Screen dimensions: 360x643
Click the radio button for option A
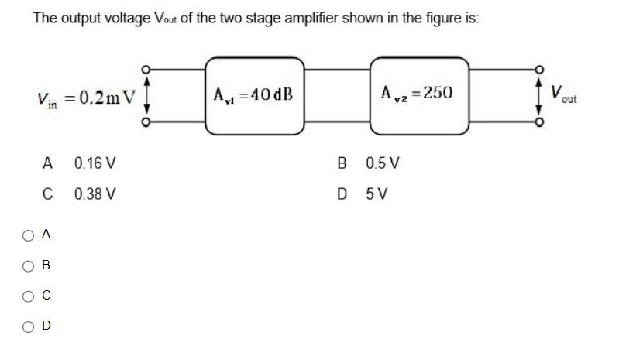pos(28,235)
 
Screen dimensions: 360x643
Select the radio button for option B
pos(28,266)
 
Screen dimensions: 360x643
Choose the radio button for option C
pos(28,296)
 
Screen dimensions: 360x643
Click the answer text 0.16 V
pos(95,163)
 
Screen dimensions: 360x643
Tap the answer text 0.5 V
pos(382,163)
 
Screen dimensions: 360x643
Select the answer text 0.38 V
pos(95,194)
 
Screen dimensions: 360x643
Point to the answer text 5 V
pos(377,194)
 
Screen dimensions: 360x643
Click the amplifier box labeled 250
pos(419,94)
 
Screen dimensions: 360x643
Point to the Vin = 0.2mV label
pos(85,98)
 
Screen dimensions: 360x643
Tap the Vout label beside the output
pos(565,95)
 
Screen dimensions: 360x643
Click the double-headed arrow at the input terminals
pos(145,94)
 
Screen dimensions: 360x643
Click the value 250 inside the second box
pos(437,93)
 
